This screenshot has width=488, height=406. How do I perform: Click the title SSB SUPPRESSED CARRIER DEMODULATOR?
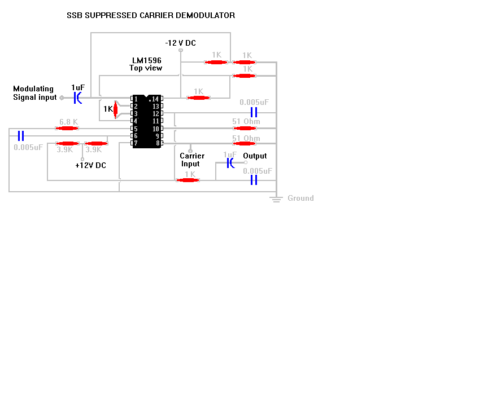pyautogui.click(x=151, y=16)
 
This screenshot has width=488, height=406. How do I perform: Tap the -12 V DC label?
pyautogui.click(x=181, y=43)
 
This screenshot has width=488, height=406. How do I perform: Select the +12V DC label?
pyautogui.click(x=90, y=165)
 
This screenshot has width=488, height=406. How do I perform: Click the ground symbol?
pyautogui.click(x=276, y=199)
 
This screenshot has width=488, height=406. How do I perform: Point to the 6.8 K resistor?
pyautogui.click(x=67, y=129)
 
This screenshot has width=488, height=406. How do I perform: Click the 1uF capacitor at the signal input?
pyautogui.click(x=78, y=98)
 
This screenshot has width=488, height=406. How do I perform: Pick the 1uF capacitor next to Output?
pyautogui.click(x=230, y=163)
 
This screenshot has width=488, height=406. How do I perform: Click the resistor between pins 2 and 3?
pyautogui.click(x=116, y=109)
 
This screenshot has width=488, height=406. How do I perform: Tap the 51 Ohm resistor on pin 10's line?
pyautogui.click(x=245, y=129)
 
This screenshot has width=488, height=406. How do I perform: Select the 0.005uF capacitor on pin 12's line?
pyautogui.click(x=254, y=112)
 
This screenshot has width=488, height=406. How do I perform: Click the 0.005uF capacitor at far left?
pyautogui.click(x=21, y=136)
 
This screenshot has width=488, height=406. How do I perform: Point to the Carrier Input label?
pyautogui.click(x=192, y=160)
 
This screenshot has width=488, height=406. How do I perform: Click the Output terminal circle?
pyautogui.click(x=246, y=162)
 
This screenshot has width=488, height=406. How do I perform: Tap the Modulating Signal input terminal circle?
pyautogui.click(x=62, y=98)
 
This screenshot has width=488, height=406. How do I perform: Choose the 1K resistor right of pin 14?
pyautogui.click(x=199, y=98)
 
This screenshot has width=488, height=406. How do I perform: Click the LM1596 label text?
pyautogui.click(x=147, y=60)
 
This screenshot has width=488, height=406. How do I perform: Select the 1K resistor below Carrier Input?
pyautogui.click(x=188, y=180)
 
